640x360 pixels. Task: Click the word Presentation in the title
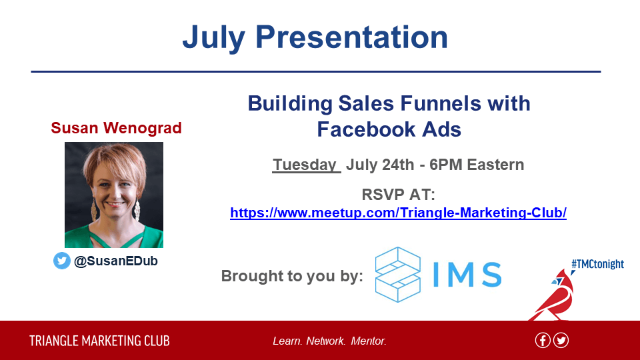pos(352,37)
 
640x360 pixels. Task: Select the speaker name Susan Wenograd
pos(116,128)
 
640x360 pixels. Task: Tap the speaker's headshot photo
pos(114,195)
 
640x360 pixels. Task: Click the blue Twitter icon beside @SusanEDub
pos(61,261)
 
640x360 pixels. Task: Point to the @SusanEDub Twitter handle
pos(116,261)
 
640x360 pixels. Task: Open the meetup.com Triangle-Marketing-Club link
pos(399,213)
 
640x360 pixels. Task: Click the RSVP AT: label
pos(399,194)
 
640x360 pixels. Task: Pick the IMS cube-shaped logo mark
pos(397,274)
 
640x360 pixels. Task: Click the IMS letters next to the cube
pos(467,274)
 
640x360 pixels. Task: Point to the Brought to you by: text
pos(292,276)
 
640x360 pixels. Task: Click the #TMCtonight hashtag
pos(597,264)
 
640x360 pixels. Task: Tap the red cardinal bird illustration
pos(553,295)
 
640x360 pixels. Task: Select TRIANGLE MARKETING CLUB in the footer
pos(99,341)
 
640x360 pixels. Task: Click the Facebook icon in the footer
pos(543,341)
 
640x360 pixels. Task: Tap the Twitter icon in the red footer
pos(561,341)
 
